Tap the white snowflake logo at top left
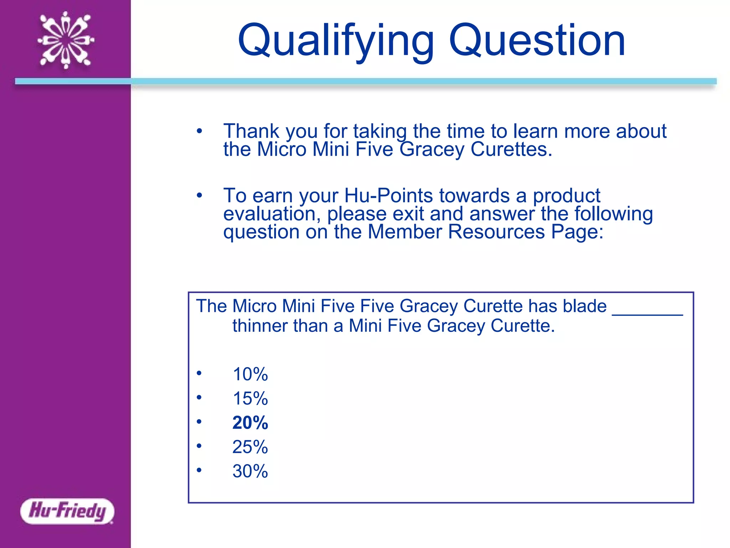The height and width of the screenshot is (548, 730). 66,40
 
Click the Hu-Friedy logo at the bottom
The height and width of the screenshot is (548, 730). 67,511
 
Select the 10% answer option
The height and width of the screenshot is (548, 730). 250,374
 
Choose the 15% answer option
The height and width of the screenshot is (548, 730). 250,399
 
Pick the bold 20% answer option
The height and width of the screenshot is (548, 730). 250,423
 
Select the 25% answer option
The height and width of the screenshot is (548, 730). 250,447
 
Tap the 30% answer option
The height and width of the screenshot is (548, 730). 250,471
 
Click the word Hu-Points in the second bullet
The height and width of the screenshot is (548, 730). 389,196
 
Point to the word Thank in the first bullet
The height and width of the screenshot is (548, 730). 251,131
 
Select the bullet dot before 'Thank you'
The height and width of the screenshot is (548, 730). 199,131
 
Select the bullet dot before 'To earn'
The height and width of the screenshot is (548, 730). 199,196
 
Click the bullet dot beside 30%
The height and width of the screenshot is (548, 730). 199,470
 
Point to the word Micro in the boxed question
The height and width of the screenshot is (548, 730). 254,306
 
